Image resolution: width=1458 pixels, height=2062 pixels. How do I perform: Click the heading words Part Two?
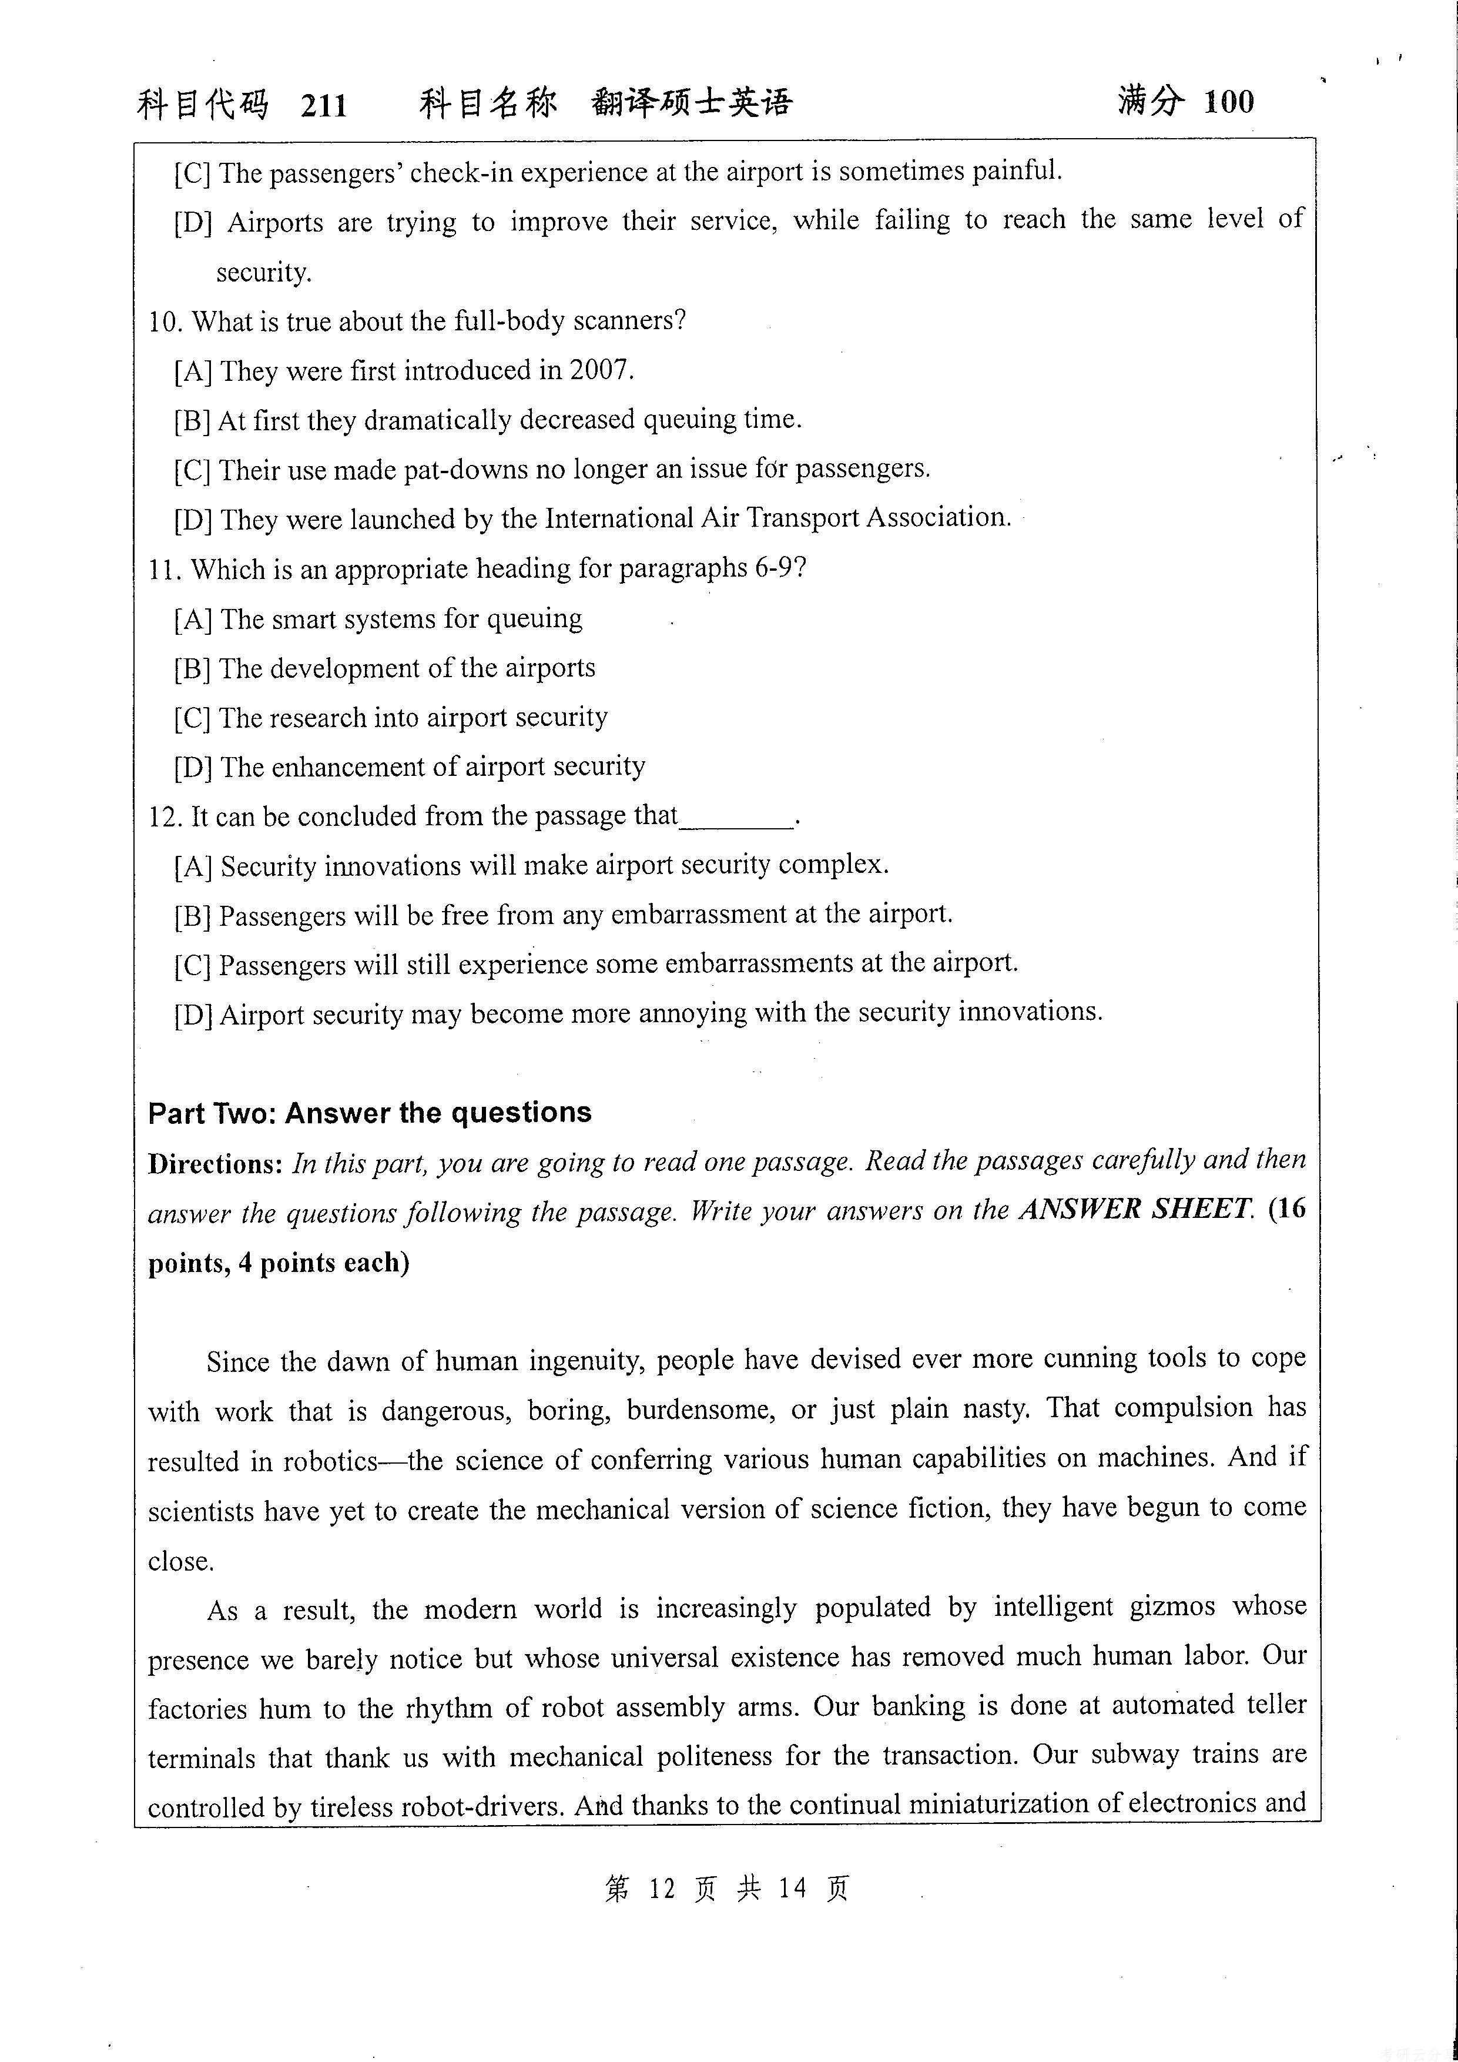(x=212, y=1114)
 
